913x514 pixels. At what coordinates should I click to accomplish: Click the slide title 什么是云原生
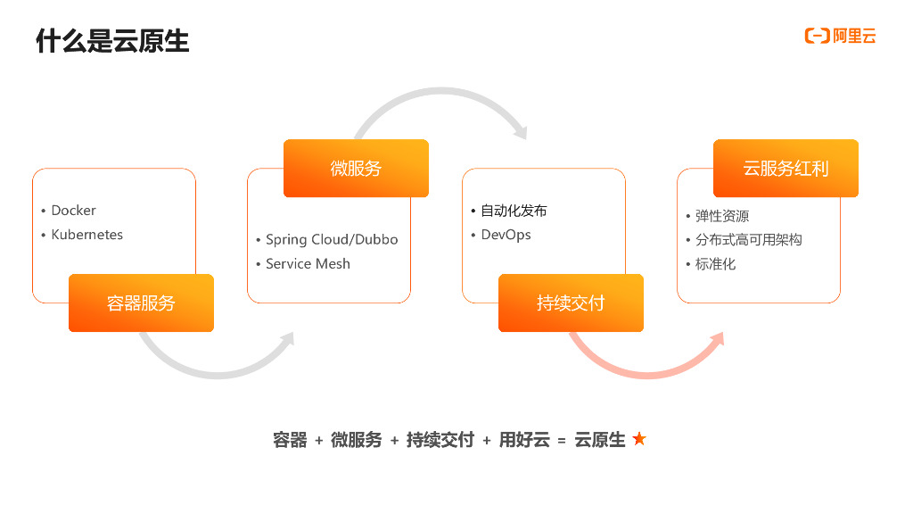coord(112,40)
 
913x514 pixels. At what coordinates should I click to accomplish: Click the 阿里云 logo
coord(840,36)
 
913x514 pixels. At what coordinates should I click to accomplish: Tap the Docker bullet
coord(73,211)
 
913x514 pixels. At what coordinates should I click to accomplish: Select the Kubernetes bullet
coord(86,235)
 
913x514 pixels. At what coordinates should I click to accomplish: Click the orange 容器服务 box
coord(141,303)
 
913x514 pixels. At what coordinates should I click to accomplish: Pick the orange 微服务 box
coord(356,169)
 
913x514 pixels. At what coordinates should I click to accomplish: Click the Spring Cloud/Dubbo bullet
coord(332,240)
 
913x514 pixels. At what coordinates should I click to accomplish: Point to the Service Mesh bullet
coord(308,264)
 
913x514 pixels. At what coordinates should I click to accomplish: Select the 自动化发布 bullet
coord(514,211)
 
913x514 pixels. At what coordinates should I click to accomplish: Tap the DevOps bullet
coord(506,235)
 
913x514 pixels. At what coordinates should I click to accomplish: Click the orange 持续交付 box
coord(571,303)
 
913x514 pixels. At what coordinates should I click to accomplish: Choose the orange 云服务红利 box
coord(786,169)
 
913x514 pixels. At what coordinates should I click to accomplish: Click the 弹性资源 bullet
coord(722,216)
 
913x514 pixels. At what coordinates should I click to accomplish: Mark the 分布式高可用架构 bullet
coord(749,240)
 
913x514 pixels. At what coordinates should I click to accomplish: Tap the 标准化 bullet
coord(716,264)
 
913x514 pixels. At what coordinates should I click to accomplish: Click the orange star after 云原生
coord(638,439)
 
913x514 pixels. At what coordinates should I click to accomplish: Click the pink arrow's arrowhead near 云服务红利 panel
coord(718,341)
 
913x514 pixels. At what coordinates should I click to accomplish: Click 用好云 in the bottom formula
coord(524,440)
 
